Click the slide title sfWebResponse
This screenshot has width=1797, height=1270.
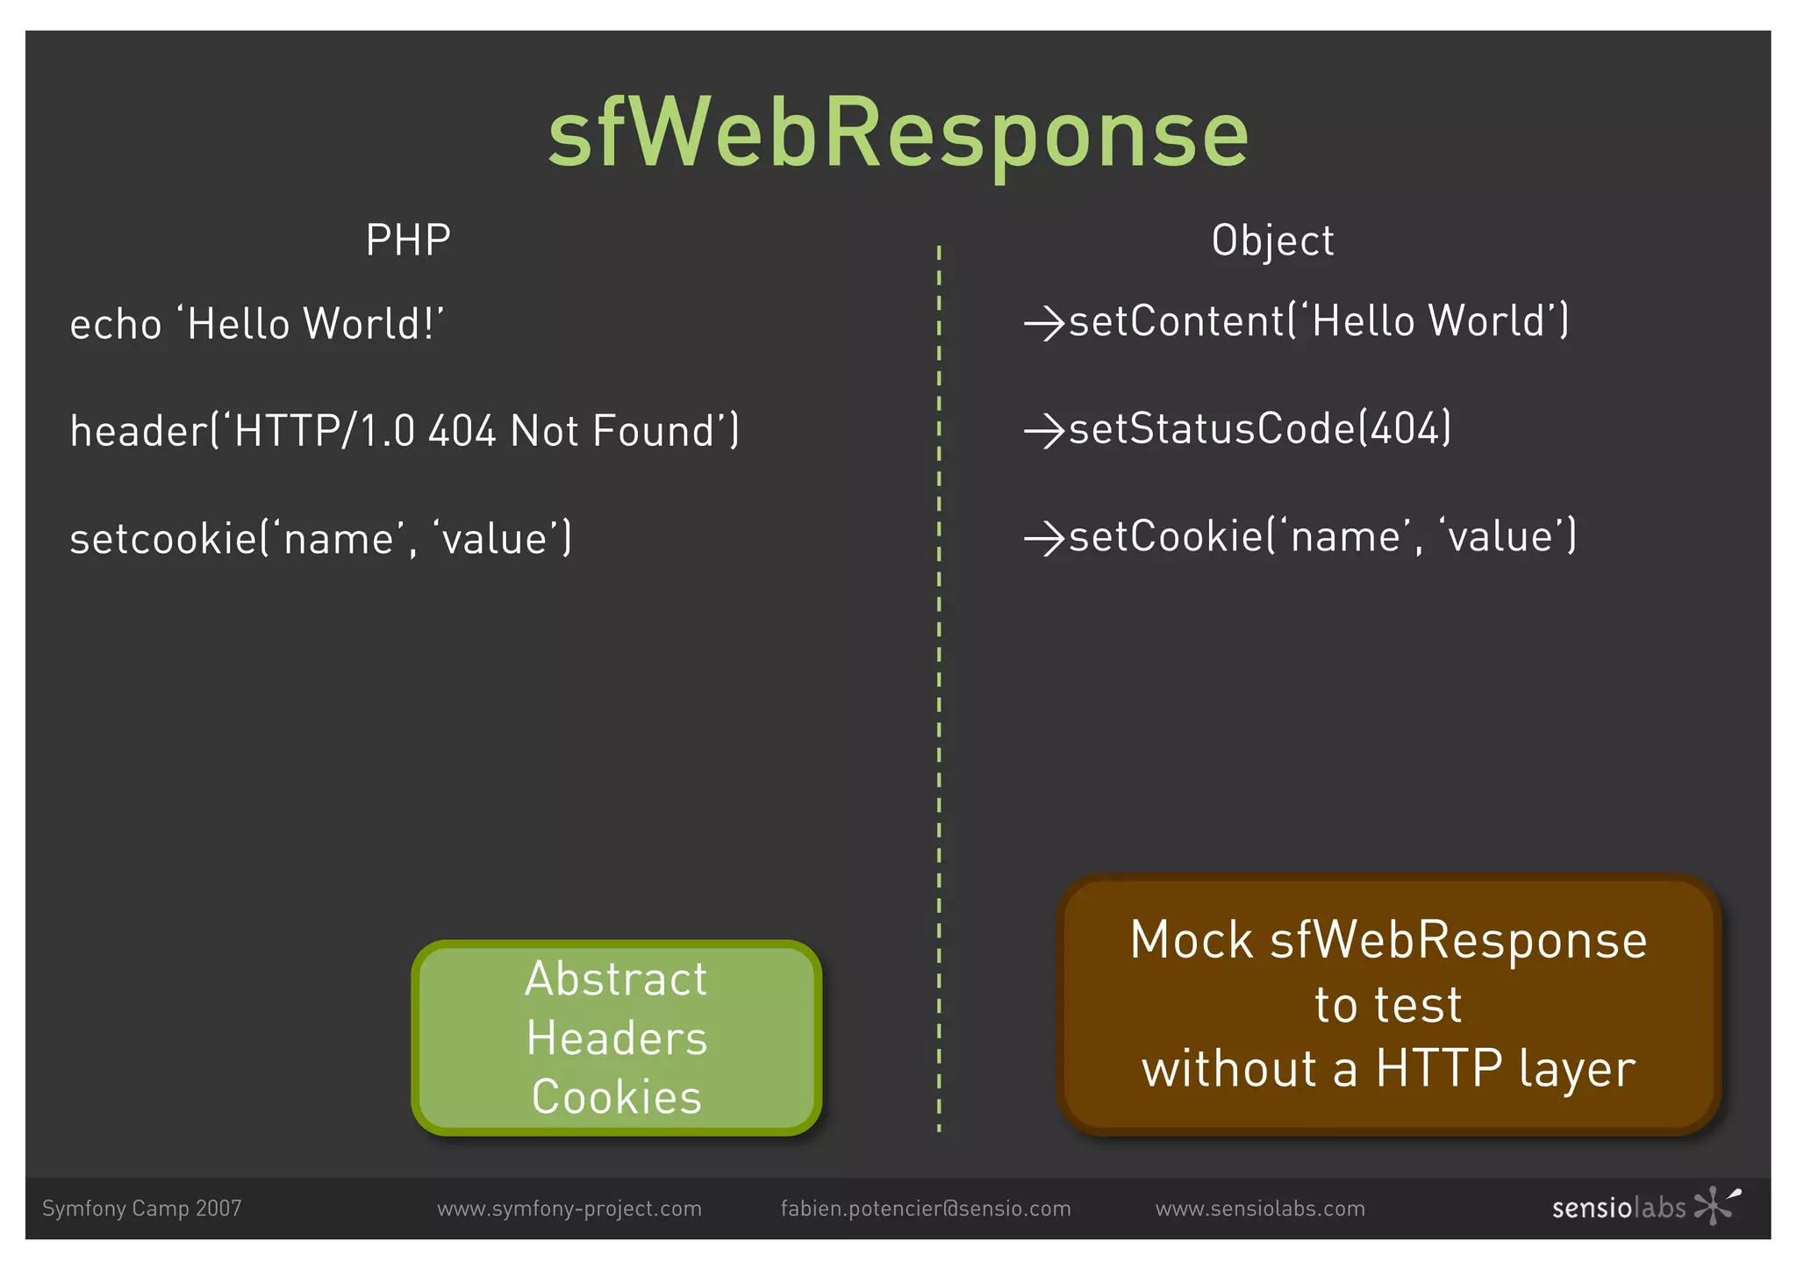898,133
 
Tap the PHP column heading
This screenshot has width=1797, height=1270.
408,240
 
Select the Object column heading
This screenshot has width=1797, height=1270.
1272,240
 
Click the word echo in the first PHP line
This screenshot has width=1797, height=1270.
116,325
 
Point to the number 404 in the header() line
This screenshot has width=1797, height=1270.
462,432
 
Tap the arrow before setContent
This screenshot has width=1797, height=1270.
1044,323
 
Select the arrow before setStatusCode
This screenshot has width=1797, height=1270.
1044,431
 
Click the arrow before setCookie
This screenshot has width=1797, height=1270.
1044,538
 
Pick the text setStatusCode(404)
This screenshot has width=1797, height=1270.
1260,429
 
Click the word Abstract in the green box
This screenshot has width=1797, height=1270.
616,979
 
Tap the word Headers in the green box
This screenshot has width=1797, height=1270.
616,1038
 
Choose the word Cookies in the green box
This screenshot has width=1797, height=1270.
616,1097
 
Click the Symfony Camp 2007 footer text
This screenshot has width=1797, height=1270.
141,1209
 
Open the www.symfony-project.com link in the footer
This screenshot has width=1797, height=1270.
569,1209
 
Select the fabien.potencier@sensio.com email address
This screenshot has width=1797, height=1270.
926,1209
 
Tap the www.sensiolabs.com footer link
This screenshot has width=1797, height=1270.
1260,1209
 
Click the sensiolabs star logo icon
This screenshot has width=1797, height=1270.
1716,1205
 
